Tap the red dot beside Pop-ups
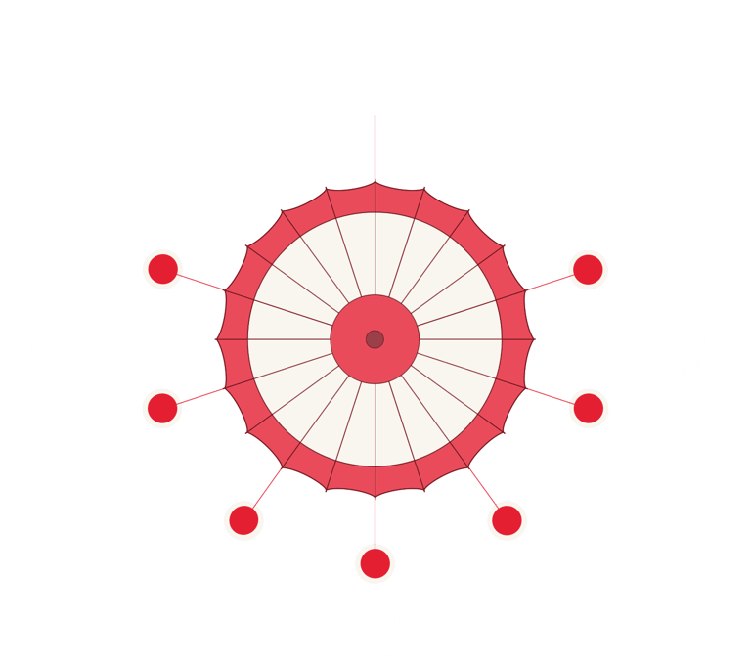[162, 269]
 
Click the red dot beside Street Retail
[587, 269]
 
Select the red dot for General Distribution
[587, 407]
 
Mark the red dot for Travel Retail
[506, 520]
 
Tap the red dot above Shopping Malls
[374, 563]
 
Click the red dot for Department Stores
[162, 407]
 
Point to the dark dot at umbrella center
[375, 339]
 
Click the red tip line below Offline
[375, 147]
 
